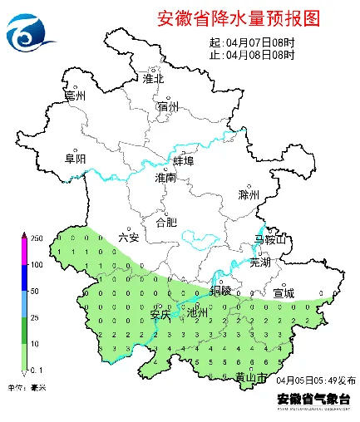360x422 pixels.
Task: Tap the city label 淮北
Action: pos(154,79)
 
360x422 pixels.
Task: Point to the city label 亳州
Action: pos(76,96)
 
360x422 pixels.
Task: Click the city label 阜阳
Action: pos(75,159)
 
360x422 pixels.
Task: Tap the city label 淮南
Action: pos(165,178)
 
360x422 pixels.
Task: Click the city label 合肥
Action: pos(167,222)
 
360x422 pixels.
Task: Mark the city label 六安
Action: pos(129,237)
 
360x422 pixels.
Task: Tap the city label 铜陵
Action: pos(220,291)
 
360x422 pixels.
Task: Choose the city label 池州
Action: pos(197,313)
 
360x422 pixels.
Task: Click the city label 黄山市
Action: pos(250,377)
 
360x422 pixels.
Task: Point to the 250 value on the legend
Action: pos(37,238)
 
